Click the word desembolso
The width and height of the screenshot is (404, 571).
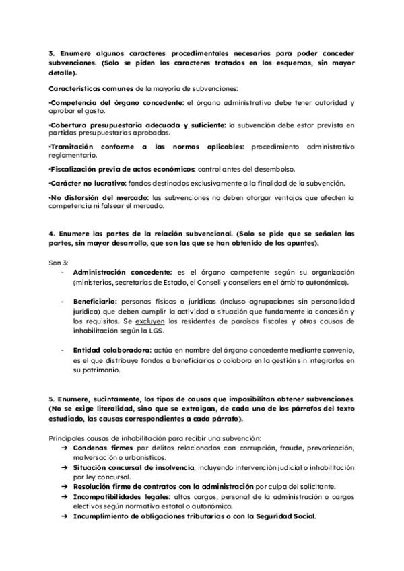[x=285, y=168]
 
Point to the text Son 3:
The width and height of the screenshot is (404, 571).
[x=59, y=261]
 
